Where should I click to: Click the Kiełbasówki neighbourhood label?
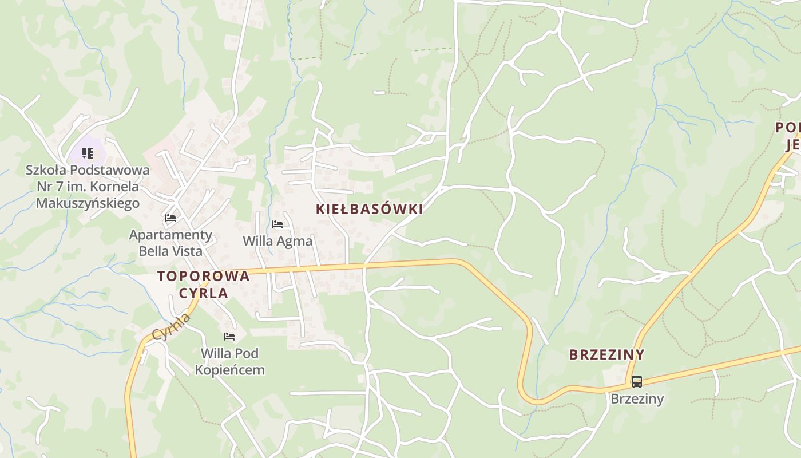click(x=369, y=209)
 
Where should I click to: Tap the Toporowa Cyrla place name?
click(x=203, y=285)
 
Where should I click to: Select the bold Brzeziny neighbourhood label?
click(x=606, y=354)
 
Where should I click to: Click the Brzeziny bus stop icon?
click(x=636, y=381)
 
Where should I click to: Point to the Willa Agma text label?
click(x=277, y=241)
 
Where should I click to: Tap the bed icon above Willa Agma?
click(x=277, y=224)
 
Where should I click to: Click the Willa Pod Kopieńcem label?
click(x=229, y=361)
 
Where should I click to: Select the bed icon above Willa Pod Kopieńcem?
click(x=229, y=337)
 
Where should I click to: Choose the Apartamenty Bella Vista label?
click(x=170, y=243)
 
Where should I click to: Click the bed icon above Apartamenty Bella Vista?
click(x=170, y=218)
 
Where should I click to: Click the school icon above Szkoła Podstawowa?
click(x=87, y=153)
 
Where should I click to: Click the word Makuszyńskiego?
click(x=88, y=203)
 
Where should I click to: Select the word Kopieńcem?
click(x=229, y=370)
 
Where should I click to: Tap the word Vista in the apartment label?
click(x=186, y=251)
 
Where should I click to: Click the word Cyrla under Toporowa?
click(x=203, y=293)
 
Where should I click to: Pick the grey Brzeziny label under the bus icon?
click(x=637, y=398)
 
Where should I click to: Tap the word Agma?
click(x=295, y=241)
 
